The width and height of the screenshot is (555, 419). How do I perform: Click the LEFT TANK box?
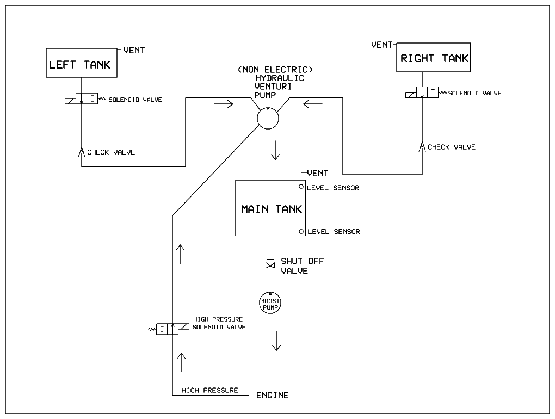pyautogui.click(x=80, y=65)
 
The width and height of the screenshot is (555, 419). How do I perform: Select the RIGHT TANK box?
pyautogui.click(x=434, y=58)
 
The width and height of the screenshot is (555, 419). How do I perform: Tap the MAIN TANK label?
pyautogui.click(x=271, y=209)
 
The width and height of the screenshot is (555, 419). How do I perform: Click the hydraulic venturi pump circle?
pyautogui.click(x=268, y=118)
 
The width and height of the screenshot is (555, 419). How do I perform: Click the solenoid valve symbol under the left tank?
pyautogui.click(x=81, y=99)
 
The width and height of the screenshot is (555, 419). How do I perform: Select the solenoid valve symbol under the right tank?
pyautogui.click(x=422, y=93)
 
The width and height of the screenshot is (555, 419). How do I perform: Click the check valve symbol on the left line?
pyautogui.click(x=81, y=151)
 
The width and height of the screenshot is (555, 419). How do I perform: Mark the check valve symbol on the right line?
pyautogui.click(x=422, y=146)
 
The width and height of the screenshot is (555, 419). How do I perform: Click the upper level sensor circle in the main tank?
pyautogui.click(x=300, y=187)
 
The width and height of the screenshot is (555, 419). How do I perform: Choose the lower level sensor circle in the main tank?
pyautogui.click(x=300, y=232)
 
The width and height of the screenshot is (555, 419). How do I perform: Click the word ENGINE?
pyautogui.click(x=272, y=395)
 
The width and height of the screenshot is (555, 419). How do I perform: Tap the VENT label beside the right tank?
pyautogui.click(x=382, y=45)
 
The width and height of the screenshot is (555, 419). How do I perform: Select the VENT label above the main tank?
pyautogui.click(x=318, y=173)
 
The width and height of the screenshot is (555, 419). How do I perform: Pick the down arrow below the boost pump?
pyautogui.click(x=277, y=342)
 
